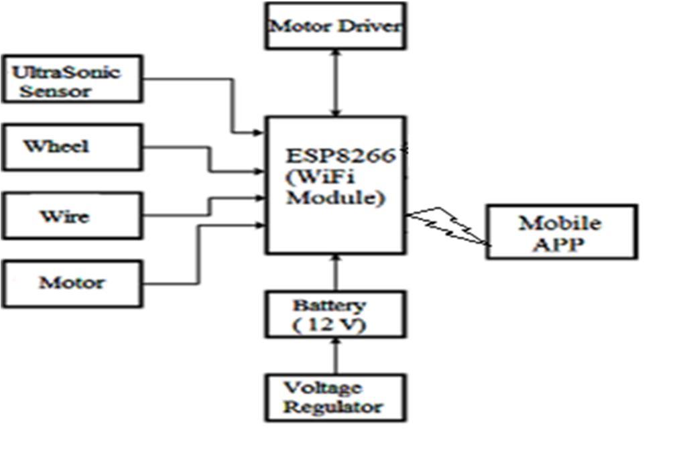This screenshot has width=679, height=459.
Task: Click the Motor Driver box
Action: coord(335,26)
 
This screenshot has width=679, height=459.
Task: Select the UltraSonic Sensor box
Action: coord(72,79)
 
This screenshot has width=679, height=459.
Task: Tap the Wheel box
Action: coord(72,147)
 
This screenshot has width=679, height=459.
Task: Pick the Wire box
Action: coord(72,216)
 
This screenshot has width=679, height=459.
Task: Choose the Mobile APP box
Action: coord(561,232)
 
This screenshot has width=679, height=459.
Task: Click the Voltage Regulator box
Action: coord(334,397)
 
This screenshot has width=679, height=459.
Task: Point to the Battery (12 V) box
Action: coord(334,314)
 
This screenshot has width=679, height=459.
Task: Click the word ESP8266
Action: coord(343,155)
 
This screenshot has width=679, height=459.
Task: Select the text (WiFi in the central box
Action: coord(316,178)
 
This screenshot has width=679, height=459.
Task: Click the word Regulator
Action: coord(333,407)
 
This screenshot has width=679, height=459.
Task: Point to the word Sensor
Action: coord(55,91)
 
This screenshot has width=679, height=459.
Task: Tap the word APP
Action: coord(560,244)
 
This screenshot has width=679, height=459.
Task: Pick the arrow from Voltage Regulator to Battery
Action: coord(336,355)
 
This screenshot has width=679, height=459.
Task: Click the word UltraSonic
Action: coord(66,72)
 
